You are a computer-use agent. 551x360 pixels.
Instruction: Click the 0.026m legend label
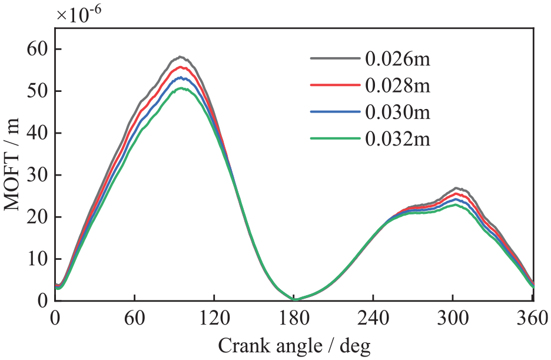(x=397, y=59)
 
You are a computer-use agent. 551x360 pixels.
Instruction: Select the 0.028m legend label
(x=397, y=86)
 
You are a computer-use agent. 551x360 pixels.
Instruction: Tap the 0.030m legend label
(x=397, y=113)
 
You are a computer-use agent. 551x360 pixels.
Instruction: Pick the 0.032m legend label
(x=397, y=139)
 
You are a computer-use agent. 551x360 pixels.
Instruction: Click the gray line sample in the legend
(x=335, y=58)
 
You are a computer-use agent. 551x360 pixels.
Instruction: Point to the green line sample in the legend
(x=335, y=138)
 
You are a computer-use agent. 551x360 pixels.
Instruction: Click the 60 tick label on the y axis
(x=38, y=49)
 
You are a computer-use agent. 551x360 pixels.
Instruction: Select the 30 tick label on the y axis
(x=38, y=175)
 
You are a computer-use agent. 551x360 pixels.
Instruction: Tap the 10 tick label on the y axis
(x=38, y=259)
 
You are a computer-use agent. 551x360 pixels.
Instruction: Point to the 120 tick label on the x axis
(x=214, y=319)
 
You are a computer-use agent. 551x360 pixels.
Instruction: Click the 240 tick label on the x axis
(x=373, y=319)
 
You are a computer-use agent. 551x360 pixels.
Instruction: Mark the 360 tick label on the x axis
(x=533, y=319)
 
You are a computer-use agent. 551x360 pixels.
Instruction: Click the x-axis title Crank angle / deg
(x=294, y=346)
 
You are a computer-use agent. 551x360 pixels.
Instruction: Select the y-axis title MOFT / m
(x=12, y=164)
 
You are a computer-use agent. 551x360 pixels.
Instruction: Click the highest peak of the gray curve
(x=180, y=57)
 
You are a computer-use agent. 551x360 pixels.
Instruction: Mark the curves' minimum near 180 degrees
(x=295, y=299)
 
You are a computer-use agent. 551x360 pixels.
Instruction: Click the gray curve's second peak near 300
(x=456, y=188)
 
